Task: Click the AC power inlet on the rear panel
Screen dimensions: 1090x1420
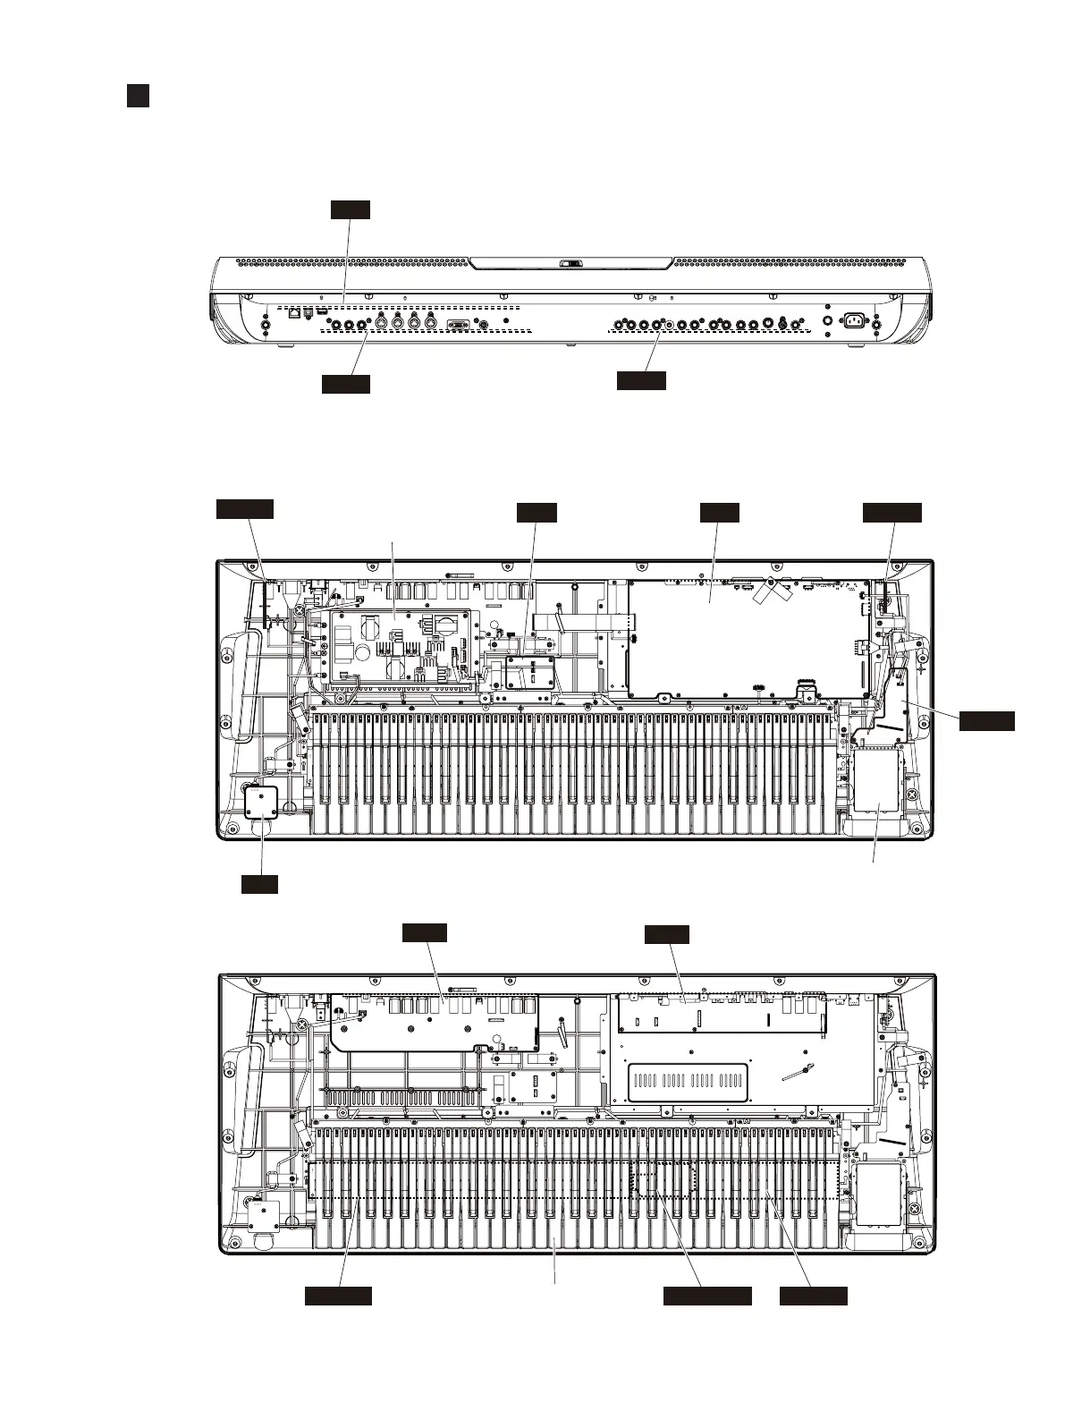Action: point(852,319)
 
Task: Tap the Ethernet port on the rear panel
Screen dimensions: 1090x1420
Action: point(294,314)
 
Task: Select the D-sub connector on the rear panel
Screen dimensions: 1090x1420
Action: point(456,326)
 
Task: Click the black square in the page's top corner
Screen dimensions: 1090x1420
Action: point(137,96)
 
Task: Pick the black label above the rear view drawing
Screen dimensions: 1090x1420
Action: point(350,209)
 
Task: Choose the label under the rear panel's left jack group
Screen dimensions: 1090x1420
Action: point(346,384)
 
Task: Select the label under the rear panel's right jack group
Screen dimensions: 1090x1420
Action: point(641,380)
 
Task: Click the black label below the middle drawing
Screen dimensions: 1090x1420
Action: point(259,884)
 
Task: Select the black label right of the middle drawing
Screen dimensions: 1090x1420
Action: point(987,720)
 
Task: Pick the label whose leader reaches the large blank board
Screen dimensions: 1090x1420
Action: point(719,512)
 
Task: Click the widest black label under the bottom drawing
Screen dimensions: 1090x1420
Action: point(706,1296)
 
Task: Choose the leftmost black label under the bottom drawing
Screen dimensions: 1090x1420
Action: point(338,1296)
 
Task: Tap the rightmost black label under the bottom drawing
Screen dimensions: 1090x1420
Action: point(813,1296)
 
